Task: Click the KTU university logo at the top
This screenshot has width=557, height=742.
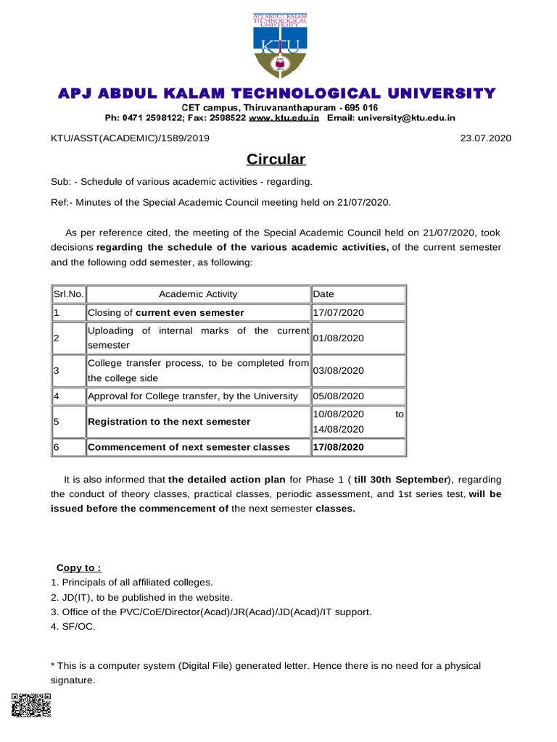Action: point(278,46)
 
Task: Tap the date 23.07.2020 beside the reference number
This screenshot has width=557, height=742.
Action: point(486,138)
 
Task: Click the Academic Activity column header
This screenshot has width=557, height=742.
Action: point(198,294)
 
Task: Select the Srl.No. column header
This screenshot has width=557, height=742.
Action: point(69,294)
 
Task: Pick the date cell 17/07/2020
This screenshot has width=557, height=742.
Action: point(338,313)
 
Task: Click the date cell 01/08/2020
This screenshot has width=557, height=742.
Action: point(338,338)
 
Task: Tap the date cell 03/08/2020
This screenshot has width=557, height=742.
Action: point(338,370)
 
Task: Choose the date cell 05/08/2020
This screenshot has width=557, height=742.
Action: point(338,396)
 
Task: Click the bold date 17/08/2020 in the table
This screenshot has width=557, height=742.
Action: point(338,447)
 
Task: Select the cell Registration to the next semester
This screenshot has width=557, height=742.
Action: point(169,422)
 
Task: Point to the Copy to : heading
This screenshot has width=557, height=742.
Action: point(79,567)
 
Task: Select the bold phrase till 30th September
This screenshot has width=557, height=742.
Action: point(402,480)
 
